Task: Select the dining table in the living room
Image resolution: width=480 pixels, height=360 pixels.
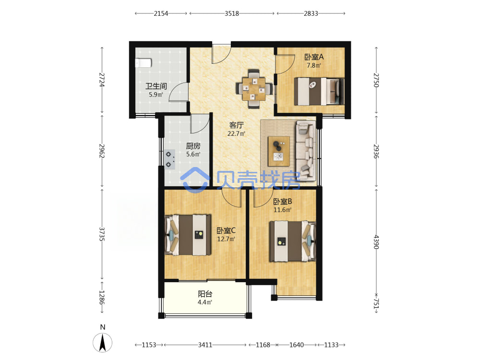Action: click(x=254, y=89)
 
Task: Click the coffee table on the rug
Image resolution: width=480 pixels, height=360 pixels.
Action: click(x=278, y=151)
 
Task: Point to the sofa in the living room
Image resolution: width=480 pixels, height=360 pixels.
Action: click(x=305, y=150)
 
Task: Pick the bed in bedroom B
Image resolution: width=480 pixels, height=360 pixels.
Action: click(x=292, y=241)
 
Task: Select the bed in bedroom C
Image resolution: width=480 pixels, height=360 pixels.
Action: click(x=188, y=235)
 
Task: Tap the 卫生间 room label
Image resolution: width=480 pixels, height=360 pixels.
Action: click(x=156, y=86)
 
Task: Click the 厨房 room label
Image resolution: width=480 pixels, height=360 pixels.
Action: click(x=193, y=146)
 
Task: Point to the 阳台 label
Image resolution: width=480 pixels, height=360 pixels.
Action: click(x=205, y=294)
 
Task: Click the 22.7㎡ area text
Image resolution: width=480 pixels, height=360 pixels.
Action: click(x=236, y=134)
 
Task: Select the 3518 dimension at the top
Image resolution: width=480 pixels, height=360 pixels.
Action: click(x=232, y=13)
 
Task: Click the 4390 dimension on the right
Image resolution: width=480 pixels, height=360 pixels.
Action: click(x=376, y=242)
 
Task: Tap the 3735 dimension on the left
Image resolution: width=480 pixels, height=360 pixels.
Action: click(x=102, y=234)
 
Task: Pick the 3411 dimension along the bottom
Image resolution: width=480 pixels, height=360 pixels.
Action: click(x=205, y=345)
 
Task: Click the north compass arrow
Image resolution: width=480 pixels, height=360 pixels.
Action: click(x=103, y=343)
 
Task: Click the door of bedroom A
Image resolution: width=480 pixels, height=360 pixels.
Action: click(x=285, y=64)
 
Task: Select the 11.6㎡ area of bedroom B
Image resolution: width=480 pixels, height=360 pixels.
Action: click(x=282, y=210)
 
